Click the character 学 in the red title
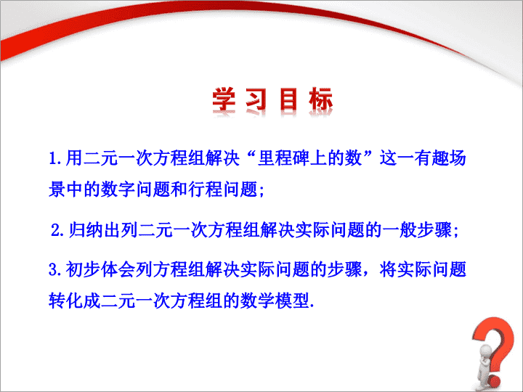[x=224, y=99]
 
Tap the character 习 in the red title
[x=256, y=99]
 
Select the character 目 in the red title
[x=288, y=99]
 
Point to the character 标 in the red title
[x=320, y=99]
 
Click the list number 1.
[x=54, y=158]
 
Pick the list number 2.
[x=57, y=230]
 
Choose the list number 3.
[x=54, y=269]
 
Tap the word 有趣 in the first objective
[x=431, y=158]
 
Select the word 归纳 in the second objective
[x=86, y=230]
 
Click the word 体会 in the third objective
[x=118, y=269]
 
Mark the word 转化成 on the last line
[x=75, y=301]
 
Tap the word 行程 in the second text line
[x=205, y=189]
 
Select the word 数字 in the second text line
[x=118, y=189]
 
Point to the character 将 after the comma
[x=388, y=269]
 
